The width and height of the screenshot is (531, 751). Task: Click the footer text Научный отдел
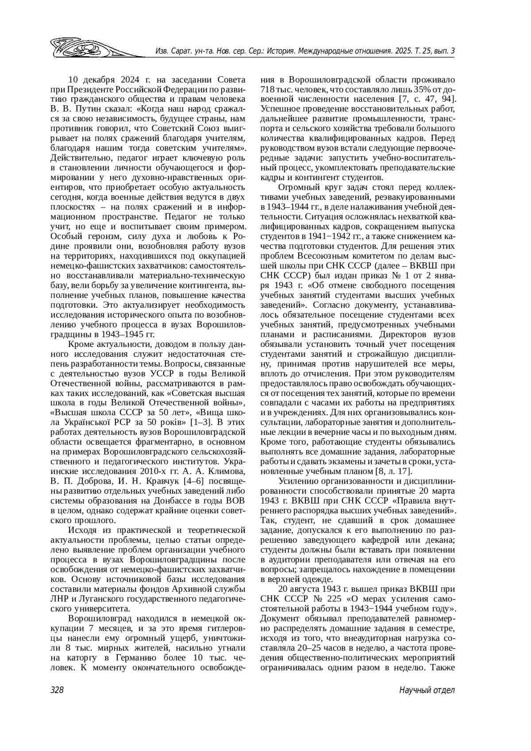pyautogui.click(x=427, y=690)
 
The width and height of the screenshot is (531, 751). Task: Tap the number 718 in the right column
pyautogui.click(x=268, y=89)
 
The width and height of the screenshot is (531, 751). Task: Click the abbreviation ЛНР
pyautogui.click(x=58, y=599)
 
